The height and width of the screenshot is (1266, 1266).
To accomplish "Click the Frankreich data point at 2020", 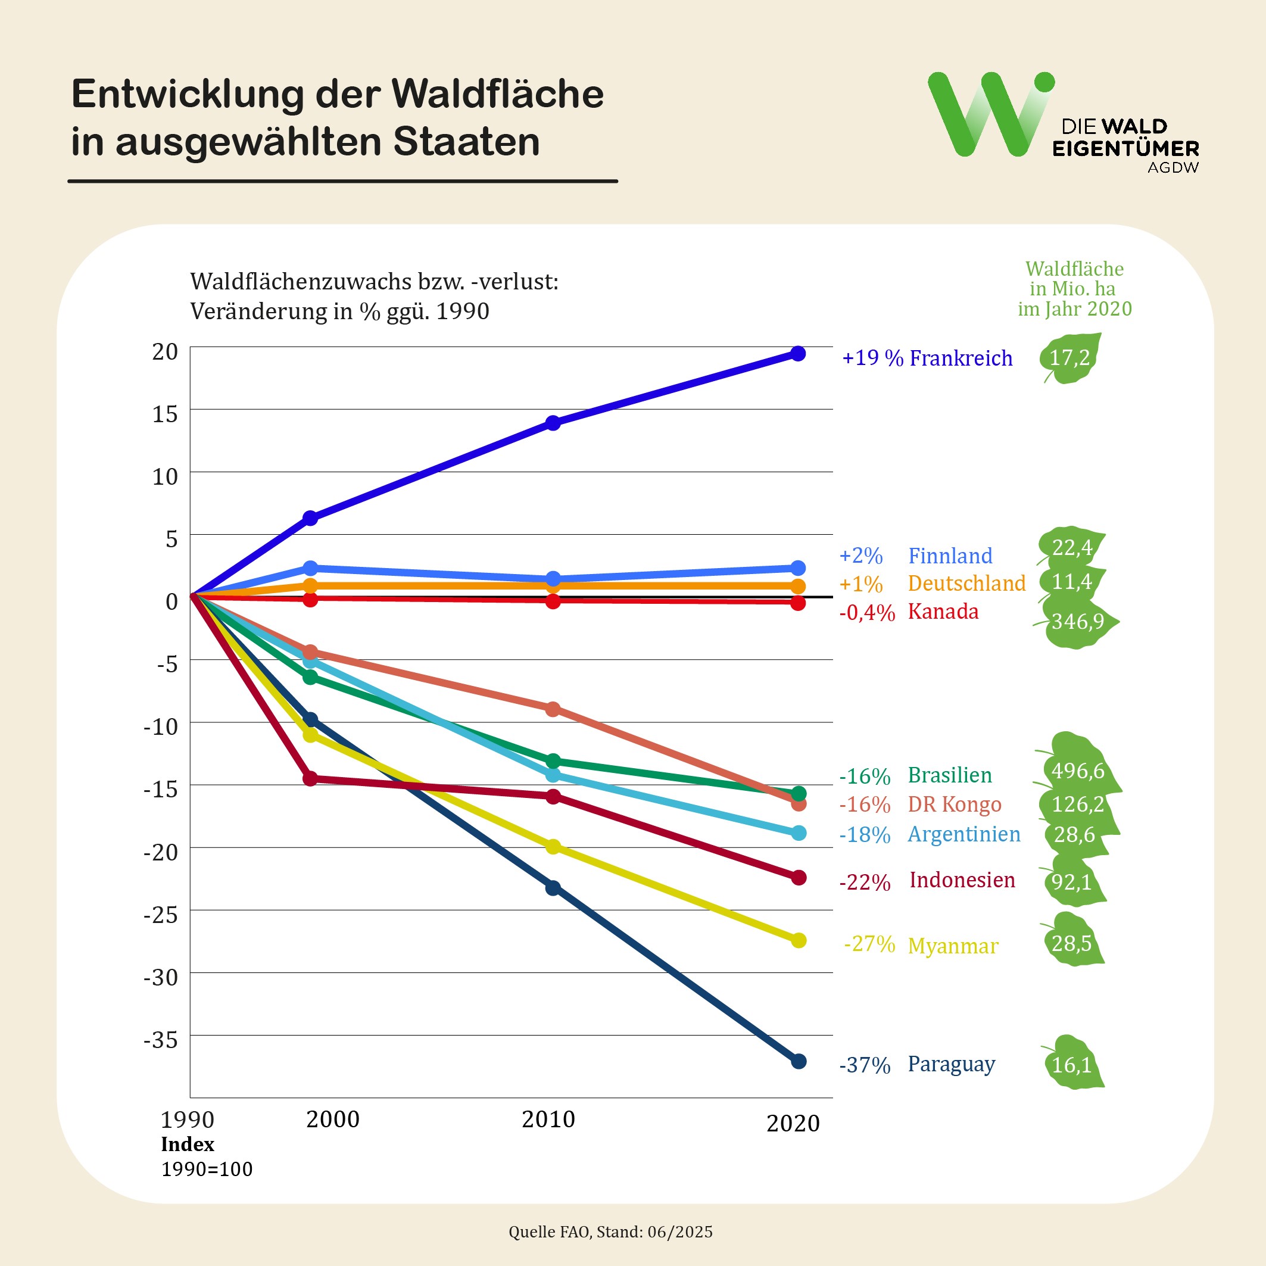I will [798, 354].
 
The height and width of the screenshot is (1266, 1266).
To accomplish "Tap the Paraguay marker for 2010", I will [553, 888].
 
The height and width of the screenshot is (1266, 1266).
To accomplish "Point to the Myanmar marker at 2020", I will [798, 940].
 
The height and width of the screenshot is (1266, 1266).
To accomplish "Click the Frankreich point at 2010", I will [553, 423].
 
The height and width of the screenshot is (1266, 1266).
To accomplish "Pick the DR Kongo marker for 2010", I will [553, 709].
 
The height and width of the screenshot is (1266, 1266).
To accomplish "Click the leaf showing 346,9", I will [1077, 621].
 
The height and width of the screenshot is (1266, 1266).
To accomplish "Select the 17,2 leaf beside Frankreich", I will [1069, 358].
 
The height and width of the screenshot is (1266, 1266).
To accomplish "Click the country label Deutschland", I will [966, 583].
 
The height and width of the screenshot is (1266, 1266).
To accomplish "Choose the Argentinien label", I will [964, 834].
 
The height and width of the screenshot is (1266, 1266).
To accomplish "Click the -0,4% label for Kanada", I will [866, 613].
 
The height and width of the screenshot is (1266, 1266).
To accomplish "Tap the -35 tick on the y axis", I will [161, 1040].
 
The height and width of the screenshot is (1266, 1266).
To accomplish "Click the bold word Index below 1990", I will [188, 1144].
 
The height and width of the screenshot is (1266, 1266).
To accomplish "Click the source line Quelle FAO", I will [610, 1232].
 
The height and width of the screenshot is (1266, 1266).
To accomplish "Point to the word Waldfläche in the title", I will [498, 93].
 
